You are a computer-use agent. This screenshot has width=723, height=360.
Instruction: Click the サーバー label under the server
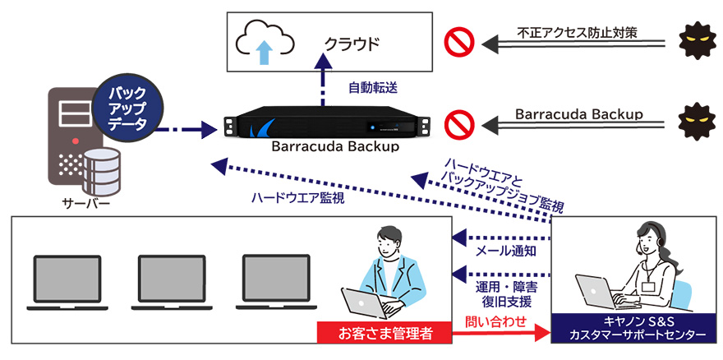click(x=80, y=203)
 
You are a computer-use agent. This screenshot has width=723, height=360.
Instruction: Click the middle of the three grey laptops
click(x=172, y=278)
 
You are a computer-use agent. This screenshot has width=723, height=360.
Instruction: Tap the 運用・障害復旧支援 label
click(x=506, y=293)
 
